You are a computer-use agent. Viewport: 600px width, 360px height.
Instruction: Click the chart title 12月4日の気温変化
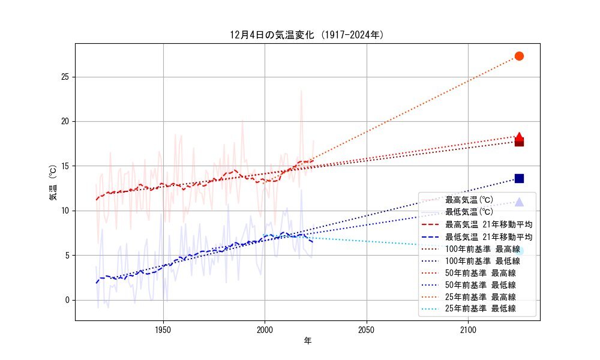pos(307,35)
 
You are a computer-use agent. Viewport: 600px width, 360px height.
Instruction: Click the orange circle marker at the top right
pos(519,56)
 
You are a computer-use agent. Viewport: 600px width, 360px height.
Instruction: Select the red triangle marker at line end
pos(519,137)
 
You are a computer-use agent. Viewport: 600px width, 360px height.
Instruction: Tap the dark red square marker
pos(519,142)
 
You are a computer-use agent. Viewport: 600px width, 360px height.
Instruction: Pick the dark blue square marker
pos(519,178)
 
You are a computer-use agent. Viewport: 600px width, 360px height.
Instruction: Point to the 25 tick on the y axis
pos(65,77)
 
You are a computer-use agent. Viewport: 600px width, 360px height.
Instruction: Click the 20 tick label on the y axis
pos(65,121)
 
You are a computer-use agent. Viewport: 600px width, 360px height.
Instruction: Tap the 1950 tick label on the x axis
pos(163,329)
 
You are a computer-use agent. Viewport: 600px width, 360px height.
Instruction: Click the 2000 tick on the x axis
pos(265,329)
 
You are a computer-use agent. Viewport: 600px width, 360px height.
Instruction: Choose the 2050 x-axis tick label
pos(366,329)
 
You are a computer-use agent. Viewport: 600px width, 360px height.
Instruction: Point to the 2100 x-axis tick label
pos(468,329)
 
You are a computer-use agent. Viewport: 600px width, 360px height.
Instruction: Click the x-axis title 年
pos(307,341)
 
